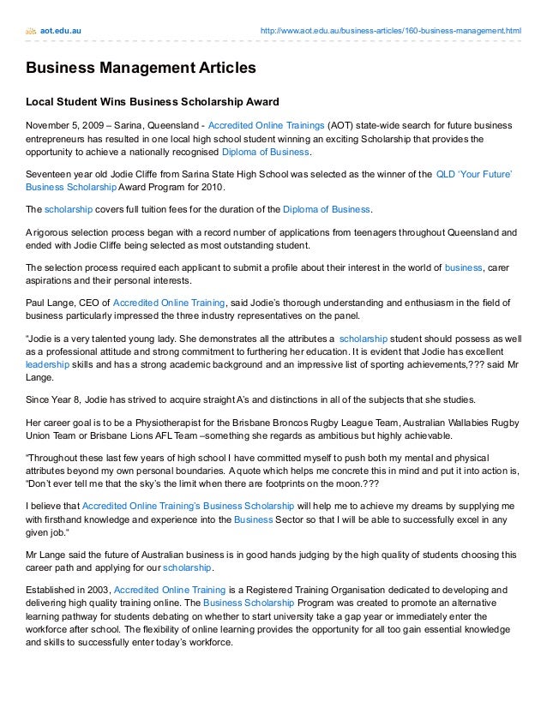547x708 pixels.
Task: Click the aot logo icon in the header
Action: click(x=31, y=32)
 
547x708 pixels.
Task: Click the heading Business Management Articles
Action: click(x=141, y=68)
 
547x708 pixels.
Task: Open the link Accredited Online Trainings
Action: click(x=261, y=123)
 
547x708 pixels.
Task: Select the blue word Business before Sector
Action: click(x=254, y=520)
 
